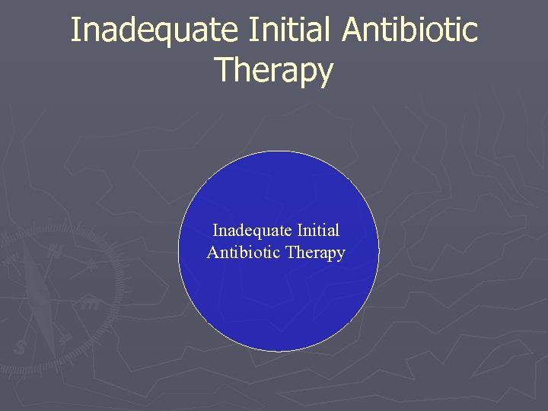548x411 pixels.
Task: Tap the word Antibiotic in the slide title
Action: click(x=411, y=30)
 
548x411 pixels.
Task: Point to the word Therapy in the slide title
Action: click(x=274, y=70)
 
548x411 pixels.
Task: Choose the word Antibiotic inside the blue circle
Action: click(x=244, y=253)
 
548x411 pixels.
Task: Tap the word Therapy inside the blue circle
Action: click(x=315, y=253)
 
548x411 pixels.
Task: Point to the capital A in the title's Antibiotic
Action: click(x=353, y=30)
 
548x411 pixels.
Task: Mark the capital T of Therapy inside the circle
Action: click(x=291, y=252)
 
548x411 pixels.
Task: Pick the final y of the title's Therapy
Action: click(x=326, y=73)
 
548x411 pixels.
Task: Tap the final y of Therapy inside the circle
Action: click(x=341, y=255)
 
